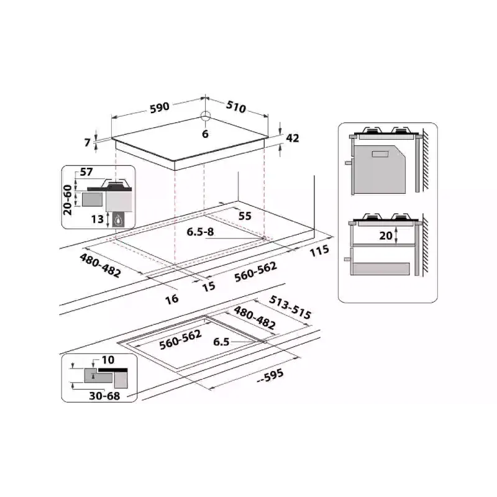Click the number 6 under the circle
tap(206, 134)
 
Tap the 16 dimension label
tap(172, 299)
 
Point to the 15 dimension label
tap(208, 286)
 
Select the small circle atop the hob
tap(206, 116)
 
